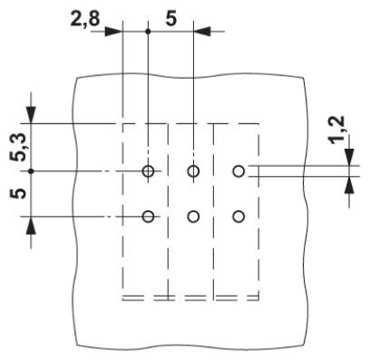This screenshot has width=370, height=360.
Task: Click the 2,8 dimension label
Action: (x=85, y=18)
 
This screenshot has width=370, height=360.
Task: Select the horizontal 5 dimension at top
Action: (x=170, y=18)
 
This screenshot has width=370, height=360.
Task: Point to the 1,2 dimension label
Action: (x=336, y=129)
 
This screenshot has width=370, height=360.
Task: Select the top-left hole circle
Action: (x=148, y=171)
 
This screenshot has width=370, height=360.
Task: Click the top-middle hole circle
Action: (x=193, y=171)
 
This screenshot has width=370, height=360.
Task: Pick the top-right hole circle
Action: (x=239, y=171)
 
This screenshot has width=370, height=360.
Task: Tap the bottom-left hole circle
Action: (x=148, y=217)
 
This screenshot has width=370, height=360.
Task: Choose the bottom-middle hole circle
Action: (x=193, y=217)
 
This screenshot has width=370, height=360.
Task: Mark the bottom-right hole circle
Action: (x=239, y=217)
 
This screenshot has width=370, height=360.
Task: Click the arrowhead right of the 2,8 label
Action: (x=113, y=31)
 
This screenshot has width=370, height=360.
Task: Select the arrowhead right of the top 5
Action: (x=202, y=31)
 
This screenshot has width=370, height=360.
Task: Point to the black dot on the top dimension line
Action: (x=148, y=31)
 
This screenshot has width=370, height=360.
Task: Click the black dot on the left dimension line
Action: (x=31, y=171)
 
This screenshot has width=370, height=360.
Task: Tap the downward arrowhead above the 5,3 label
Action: (x=31, y=115)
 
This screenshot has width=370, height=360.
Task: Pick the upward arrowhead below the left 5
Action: (x=31, y=225)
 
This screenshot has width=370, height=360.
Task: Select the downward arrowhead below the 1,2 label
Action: (x=349, y=157)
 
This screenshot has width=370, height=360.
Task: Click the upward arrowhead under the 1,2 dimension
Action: (x=349, y=185)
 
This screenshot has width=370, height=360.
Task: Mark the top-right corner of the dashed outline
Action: (x=258, y=123)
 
